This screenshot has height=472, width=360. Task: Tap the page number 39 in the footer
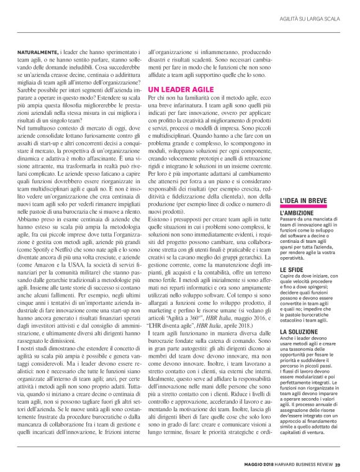click(338, 463)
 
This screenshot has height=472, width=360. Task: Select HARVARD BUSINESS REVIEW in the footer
click(300, 463)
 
